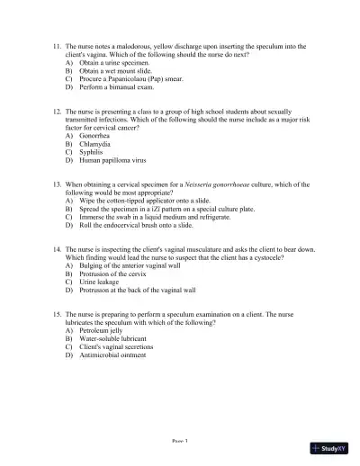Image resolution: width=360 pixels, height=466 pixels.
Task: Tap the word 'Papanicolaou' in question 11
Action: coord(128,79)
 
